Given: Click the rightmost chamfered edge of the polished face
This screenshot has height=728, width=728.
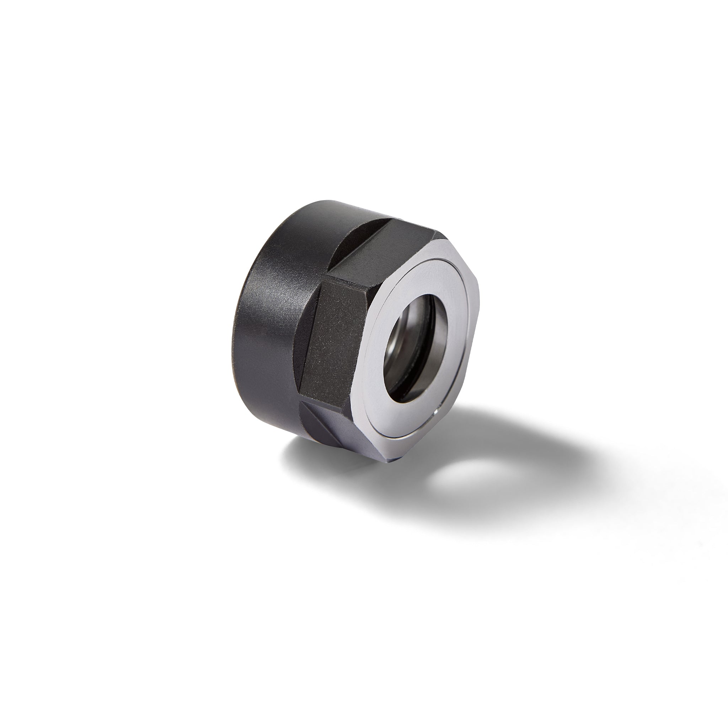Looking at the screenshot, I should point(477,301).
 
